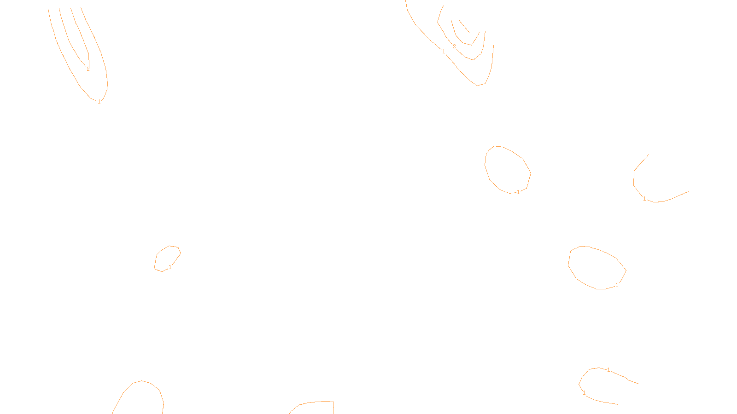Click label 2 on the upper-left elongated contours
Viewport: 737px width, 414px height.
click(x=88, y=69)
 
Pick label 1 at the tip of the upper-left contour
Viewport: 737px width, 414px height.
click(x=99, y=102)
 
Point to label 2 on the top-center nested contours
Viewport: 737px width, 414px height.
click(x=454, y=46)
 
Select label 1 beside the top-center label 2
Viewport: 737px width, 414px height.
click(x=444, y=52)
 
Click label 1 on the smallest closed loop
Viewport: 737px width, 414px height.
click(x=170, y=267)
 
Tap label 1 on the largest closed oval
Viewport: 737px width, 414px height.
click(x=617, y=285)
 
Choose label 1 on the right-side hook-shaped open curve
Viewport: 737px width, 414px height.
click(x=644, y=199)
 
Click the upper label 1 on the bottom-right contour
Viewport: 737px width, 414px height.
click(x=608, y=370)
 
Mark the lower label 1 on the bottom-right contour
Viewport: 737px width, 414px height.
click(x=584, y=393)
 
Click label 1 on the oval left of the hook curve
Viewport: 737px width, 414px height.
click(x=518, y=192)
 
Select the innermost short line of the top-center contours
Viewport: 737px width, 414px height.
click(x=464, y=26)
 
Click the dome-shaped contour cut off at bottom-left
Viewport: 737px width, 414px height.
click(x=142, y=381)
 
